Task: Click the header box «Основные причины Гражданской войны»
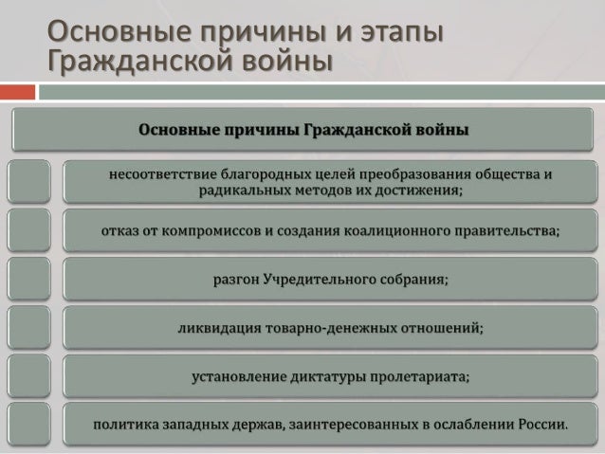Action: coord(303,129)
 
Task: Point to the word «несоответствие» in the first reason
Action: coord(163,175)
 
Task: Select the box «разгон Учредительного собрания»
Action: coord(330,280)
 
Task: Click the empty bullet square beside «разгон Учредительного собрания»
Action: coord(28,279)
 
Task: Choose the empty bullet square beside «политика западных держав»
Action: coord(28,424)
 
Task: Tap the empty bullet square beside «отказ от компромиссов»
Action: coord(28,230)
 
